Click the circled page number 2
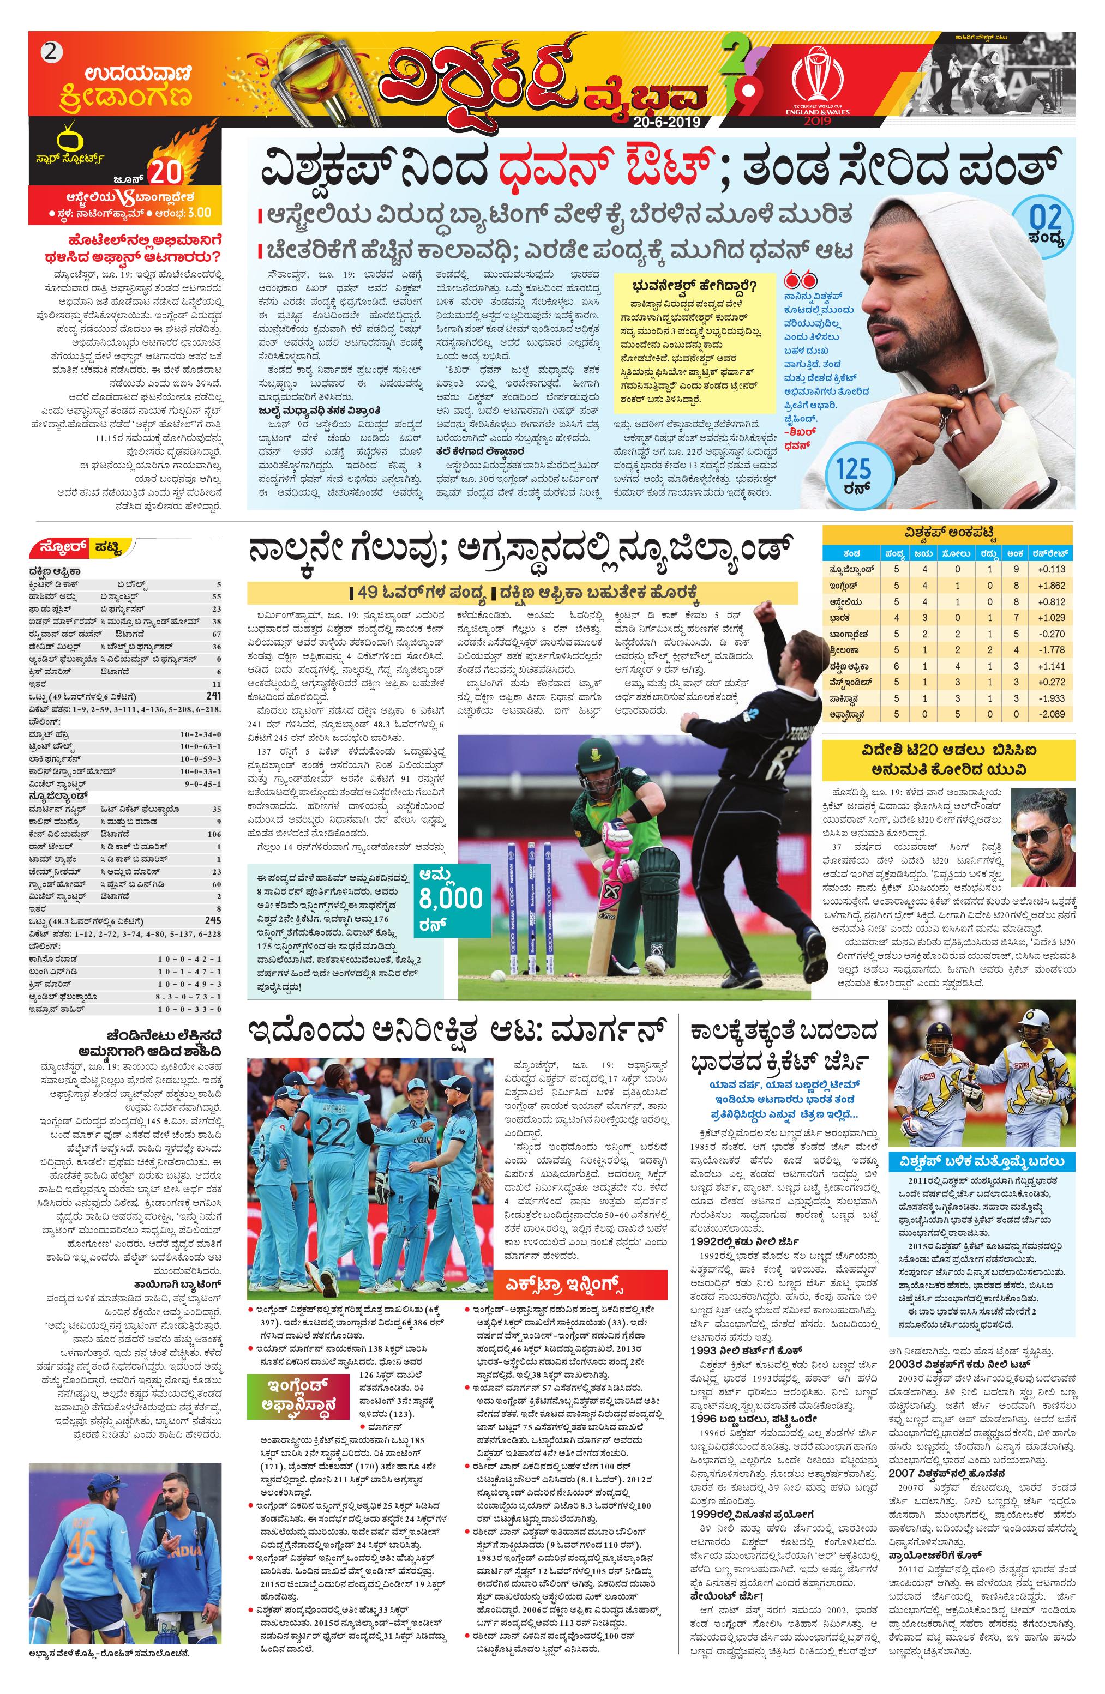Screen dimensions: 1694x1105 coord(50,51)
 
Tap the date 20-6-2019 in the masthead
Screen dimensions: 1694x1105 coord(668,122)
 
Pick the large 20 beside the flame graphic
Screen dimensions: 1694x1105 coord(165,173)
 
